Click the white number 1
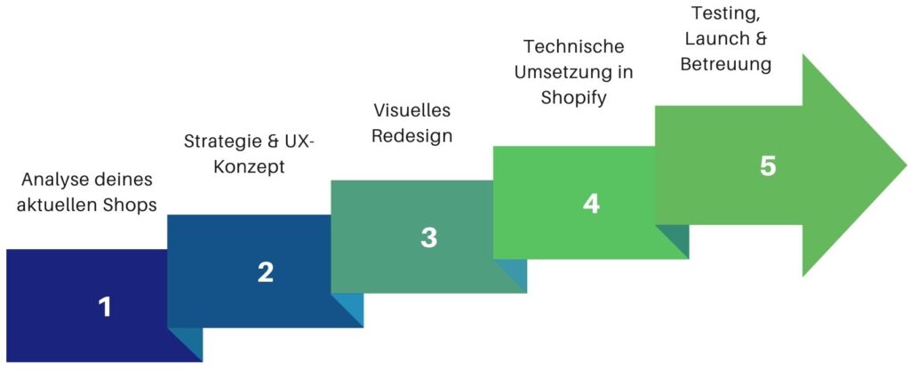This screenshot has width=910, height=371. point(105,307)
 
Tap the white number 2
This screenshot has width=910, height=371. point(265,273)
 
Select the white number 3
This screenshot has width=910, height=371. point(428,238)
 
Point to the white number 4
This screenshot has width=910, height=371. point(591,203)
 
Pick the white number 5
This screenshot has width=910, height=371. point(767,166)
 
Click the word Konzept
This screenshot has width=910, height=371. point(249,167)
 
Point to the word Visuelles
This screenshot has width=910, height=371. point(412,109)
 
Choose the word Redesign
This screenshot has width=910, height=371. point(412,136)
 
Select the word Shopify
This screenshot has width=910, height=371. point(574,98)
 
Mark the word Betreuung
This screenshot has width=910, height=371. point(726,64)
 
